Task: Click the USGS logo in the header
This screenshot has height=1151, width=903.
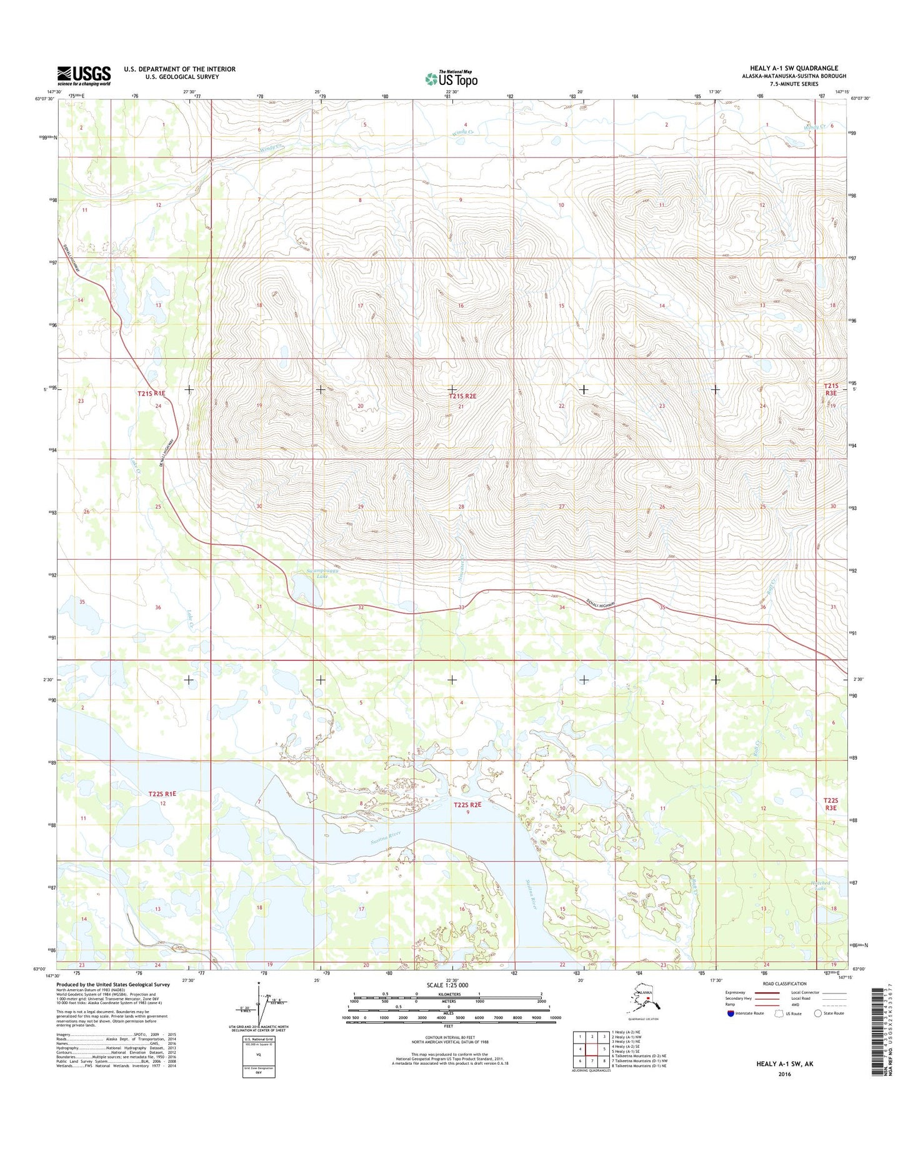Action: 84,76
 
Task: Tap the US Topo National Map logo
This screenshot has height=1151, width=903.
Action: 451,79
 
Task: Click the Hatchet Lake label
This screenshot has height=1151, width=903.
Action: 819,885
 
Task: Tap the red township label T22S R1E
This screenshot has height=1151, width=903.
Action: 162,794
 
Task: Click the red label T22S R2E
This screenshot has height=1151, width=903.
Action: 467,805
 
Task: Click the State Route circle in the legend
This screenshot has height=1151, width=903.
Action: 817,1014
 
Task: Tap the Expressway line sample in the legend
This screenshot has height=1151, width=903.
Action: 767,992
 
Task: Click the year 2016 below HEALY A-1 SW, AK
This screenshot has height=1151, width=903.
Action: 784,1074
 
